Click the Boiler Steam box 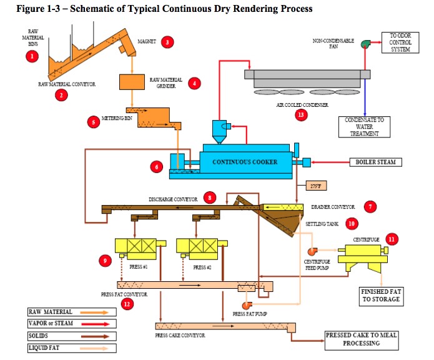(375, 162)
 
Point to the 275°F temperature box (318, 186)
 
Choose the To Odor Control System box (400, 42)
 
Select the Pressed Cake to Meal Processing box (362, 339)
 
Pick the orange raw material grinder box (132, 81)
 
